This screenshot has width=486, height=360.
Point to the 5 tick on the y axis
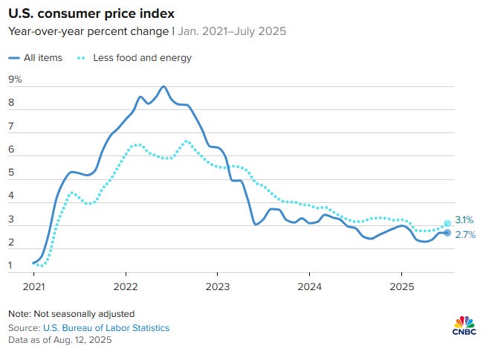tap(11, 173)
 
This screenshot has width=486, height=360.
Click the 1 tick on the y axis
tap(11, 266)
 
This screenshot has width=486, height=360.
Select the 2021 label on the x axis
tap(34, 286)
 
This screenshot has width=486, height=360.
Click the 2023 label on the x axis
tap(218, 286)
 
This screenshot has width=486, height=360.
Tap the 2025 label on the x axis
tap(401, 286)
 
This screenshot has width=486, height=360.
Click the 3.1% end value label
tap(464, 221)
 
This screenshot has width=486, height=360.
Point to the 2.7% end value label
tap(464, 235)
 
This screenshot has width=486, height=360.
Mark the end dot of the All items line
tap(447, 233)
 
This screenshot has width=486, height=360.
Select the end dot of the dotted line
tap(447, 223)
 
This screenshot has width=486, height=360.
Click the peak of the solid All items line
tap(163, 86)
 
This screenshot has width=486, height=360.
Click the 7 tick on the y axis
tap(11, 127)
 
